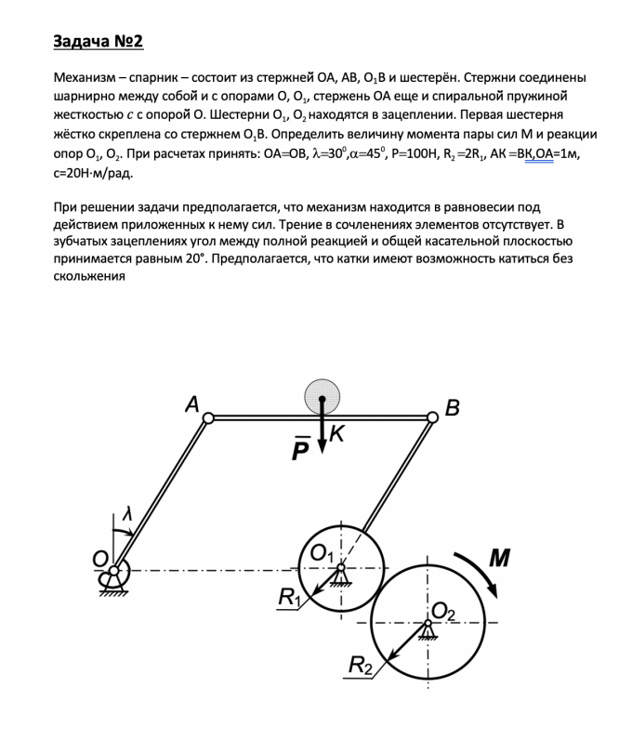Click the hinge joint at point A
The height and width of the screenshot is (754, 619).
(209, 418)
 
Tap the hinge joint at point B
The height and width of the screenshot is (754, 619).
(432, 418)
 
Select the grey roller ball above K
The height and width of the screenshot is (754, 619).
(322, 395)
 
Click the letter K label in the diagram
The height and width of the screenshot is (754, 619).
(336, 433)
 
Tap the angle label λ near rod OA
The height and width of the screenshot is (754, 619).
(127, 514)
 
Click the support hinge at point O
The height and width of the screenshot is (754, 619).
(114, 571)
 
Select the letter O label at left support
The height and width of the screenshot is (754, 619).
(99, 558)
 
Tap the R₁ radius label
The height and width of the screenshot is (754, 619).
(290, 598)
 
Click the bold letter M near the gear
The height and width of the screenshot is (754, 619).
(499, 558)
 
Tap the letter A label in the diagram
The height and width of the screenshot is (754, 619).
(191, 403)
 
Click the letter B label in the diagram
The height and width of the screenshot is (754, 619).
(453, 407)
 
